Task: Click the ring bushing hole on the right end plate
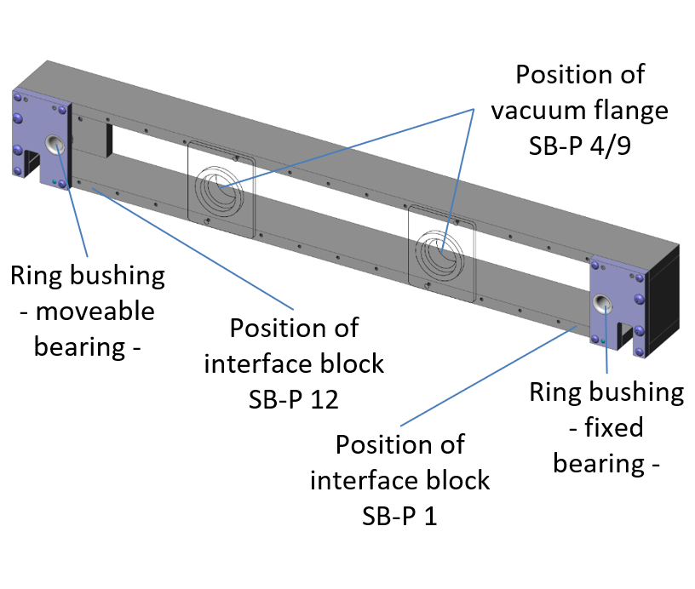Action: coord(603,304)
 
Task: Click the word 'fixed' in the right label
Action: coord(615,427)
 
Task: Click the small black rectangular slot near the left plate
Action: coord(109,140)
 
